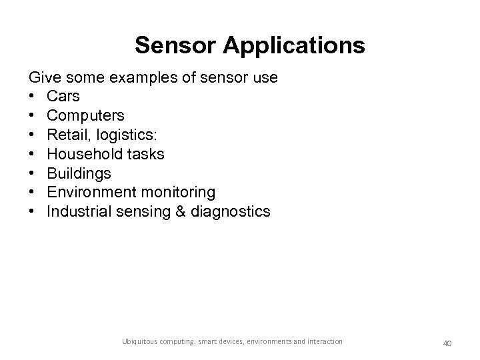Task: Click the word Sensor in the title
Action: (175, 45)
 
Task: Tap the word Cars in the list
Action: (63, 97)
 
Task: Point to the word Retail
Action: (67, 135)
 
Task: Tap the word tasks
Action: (145, 154)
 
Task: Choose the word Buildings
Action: (79, 173)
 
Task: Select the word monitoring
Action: (179, 193)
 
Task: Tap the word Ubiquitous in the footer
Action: (141, 342)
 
